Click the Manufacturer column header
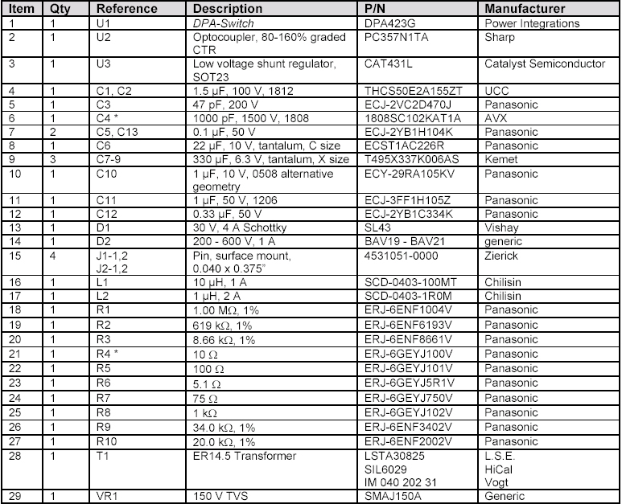point(525,8)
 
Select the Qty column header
point(60,8)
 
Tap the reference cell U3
point(105,63)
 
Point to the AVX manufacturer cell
point(496,117)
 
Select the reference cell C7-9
point(110,159)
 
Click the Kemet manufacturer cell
point(500,159)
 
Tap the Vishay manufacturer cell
point(500,227)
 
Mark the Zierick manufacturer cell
point(501,255)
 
